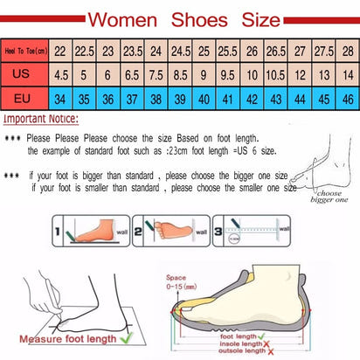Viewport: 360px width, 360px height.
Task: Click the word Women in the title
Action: [124, 18]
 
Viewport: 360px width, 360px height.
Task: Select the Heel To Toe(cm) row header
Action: [24, 51]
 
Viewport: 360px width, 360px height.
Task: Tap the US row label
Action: [24, 74]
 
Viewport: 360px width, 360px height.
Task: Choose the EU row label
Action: [24, 97]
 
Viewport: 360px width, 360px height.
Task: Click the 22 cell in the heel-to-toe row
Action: [61, 51]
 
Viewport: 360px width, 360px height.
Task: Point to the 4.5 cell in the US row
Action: [61, 74]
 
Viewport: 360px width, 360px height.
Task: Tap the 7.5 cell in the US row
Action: [155, 74]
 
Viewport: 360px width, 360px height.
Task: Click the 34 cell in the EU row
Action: [61, 97]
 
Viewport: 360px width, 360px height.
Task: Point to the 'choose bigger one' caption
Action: [327, 197]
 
